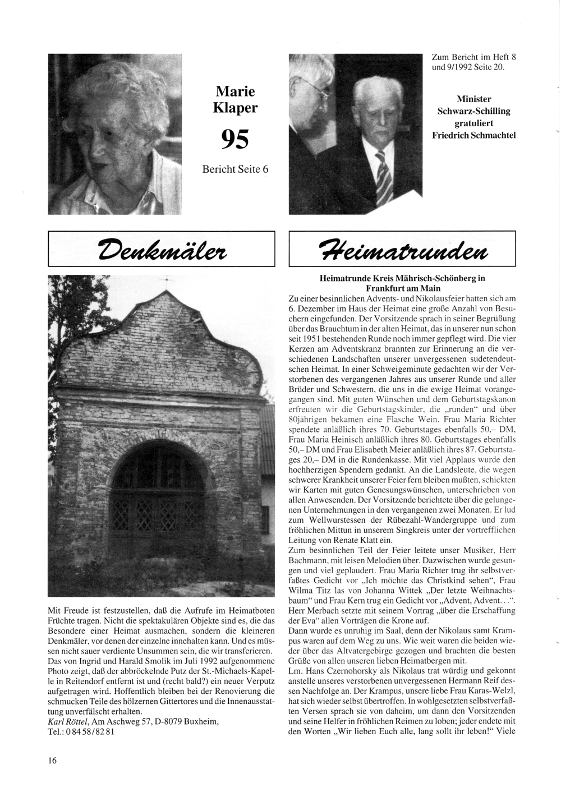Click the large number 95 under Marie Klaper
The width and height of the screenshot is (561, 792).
(234, 139)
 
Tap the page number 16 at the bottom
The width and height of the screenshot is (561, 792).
(52, 761)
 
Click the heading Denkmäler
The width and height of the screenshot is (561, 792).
(162, 248)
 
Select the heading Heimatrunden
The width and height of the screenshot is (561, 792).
(402, 248)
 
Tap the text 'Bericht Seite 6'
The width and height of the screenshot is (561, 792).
(235, 168)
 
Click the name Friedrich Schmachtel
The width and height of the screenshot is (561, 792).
(474, 135)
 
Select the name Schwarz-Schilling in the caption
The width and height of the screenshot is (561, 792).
(474, 111)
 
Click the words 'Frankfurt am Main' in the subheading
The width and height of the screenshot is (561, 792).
(402, 288)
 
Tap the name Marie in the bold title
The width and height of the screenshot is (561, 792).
(235, 91)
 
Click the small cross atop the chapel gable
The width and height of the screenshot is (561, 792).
(166, 279)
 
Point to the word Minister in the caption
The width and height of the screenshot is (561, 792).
(474, 99)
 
